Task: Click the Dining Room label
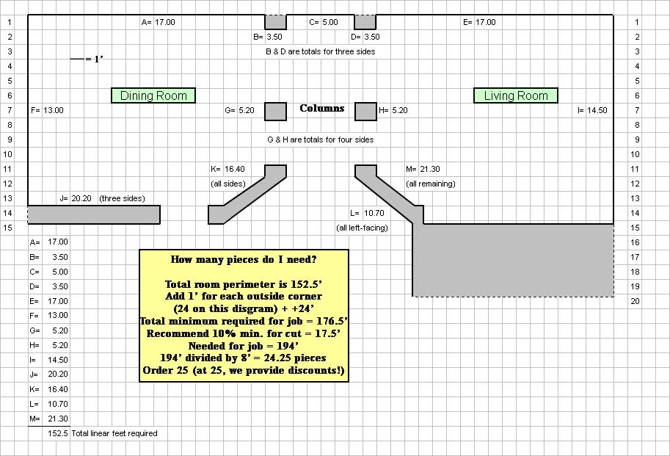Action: [153, 95]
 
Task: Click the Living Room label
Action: [516, 95]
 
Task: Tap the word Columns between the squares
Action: [321, 109]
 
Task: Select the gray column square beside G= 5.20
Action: [275, 111]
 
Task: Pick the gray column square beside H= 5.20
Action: [365, 111]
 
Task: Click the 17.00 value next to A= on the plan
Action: [164, 22]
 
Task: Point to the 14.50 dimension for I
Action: [597, 110]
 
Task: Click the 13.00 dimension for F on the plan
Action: [54, 110]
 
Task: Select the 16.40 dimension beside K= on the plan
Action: [235, 169]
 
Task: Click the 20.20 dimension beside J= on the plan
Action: [82, 198]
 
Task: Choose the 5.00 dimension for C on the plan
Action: [329, 22]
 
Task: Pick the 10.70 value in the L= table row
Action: [57, 404]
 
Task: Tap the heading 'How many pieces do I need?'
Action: [244, 259]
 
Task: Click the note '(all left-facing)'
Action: [362, 228]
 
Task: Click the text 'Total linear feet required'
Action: [114, 433]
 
